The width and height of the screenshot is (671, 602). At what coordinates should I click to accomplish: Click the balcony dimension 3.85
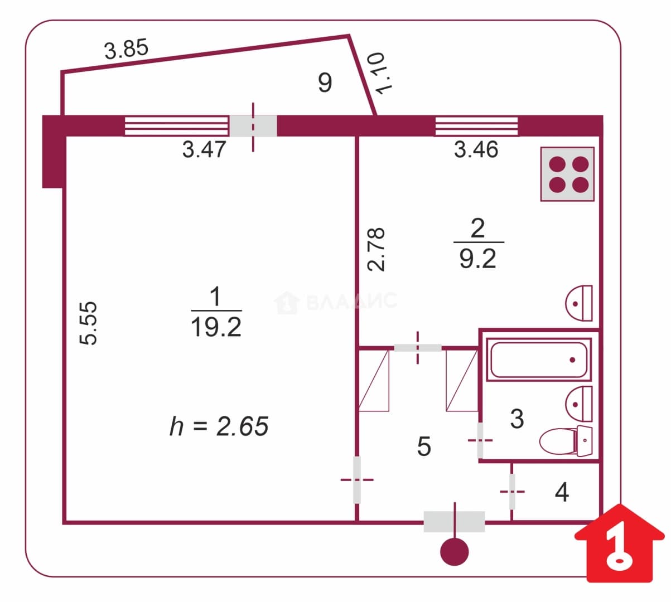(x=126, y=49)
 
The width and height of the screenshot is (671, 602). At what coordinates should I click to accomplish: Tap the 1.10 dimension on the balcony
(x=380, y=73)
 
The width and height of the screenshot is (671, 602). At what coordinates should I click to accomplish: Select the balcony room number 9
(x=325, y=82)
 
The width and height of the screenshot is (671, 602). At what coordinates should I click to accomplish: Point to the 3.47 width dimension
(x=204, y=149)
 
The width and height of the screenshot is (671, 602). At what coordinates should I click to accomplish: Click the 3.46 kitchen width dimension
(x=476, y=149)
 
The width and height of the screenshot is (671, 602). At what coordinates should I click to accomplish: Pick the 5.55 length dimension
(x=89, y=323)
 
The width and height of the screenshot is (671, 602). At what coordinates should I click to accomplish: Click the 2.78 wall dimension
(x=376, y=250)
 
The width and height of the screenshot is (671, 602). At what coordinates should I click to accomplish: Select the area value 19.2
(x=216, y=327)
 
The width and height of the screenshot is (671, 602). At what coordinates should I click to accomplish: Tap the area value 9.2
(x=478, y=259)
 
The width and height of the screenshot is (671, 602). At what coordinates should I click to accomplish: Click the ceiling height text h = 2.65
(x=219, y=426)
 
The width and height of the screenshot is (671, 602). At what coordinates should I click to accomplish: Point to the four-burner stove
(x=568, y=174)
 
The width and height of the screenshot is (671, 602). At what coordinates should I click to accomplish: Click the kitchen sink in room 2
(x=579, y=303)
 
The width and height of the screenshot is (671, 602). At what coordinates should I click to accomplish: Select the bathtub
(x=539, y=360)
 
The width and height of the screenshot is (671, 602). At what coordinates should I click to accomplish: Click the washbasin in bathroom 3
(x=579, y=404)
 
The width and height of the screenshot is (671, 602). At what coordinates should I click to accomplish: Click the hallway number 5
(x=424, y=446)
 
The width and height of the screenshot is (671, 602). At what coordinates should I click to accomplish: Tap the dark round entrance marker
(x=455, y=552)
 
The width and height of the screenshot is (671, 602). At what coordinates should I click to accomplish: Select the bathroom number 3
(x=517, y=419)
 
